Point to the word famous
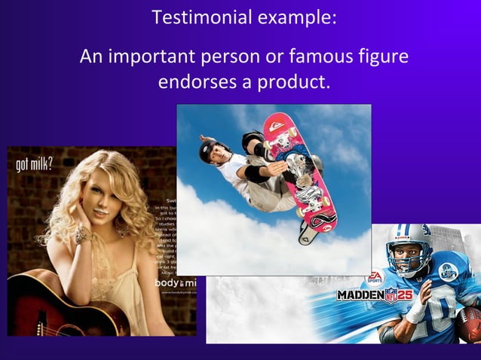319,56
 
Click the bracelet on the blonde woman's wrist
81,234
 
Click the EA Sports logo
375,277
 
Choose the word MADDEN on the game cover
360,294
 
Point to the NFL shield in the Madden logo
391,294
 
